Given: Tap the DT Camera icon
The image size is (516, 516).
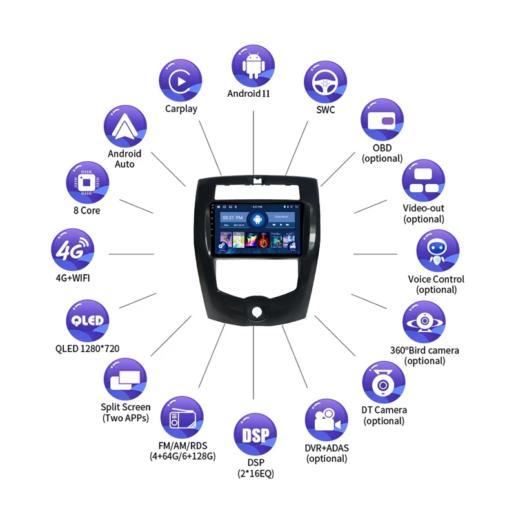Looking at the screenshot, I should pos(384,382).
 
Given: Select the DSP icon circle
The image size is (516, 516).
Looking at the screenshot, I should pos(255,434).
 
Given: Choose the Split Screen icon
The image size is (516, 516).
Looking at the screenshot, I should pos(125,379).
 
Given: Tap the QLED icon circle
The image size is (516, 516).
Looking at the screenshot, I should pos(87,321).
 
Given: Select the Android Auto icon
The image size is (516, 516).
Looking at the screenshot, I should pos(124,126).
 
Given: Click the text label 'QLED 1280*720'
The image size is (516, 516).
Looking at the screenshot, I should pos(87,349).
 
